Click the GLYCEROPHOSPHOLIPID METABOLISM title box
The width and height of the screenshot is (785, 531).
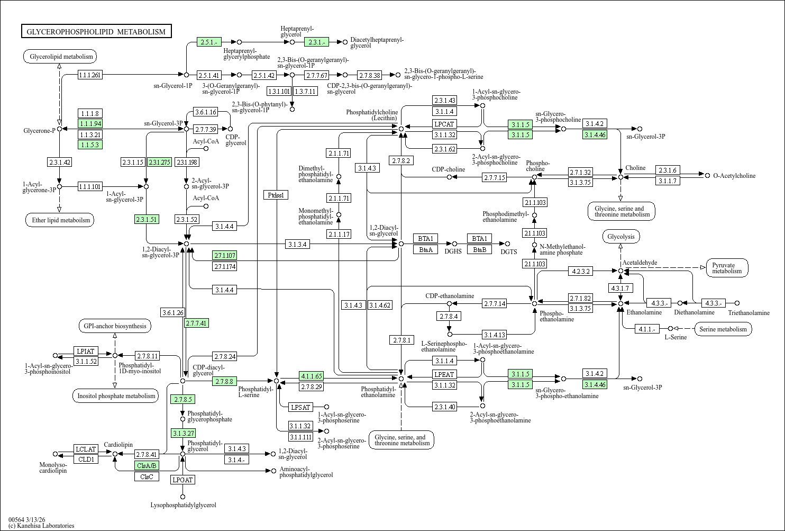pyautogui.click(x=96, y=32)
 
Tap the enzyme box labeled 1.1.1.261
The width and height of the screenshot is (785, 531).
pyautogui.click(x=89, y=75)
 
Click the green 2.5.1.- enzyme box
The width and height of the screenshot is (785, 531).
pyautogui.click(x=209, y=42)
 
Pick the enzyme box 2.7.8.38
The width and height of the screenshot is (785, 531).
pyautogui.click(x=369, y=75)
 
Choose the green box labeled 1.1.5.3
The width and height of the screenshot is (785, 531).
pyautogui.click(x=89, y=145)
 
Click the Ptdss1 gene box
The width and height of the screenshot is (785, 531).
pyautogui.click(x=276, y=195)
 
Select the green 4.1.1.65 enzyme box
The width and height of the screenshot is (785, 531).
pyautogui.click(x=311, y=376)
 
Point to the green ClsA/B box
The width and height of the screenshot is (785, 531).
pyautogui.click(x=147, y=465)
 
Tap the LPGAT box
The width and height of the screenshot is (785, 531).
pyautogui.click(x=182, y=480)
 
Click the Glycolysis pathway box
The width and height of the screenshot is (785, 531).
pyautogui.click(x=621, y=237)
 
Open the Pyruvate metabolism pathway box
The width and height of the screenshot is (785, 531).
pyautogui.click(x=727, y=268)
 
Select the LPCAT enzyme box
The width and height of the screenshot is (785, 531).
pyautogui.click(x=444, y=124)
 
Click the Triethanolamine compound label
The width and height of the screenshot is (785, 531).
pyautogui.click(x=749, y=313)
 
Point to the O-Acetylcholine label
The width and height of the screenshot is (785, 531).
pyautogui.click(x=734, y=176)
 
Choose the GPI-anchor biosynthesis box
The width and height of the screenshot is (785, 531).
pyautogui.click(x=115, y=326)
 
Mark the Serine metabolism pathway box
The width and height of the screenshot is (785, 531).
pyautogui.click(x=723, y=329)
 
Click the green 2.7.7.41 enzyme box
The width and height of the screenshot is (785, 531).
pyautogui.click(x=196, y=323)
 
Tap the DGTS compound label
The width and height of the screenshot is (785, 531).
pyautogui.click(x=509, y=252)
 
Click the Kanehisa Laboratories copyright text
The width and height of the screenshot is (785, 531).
pyautogui.click(x=41, y=526)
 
